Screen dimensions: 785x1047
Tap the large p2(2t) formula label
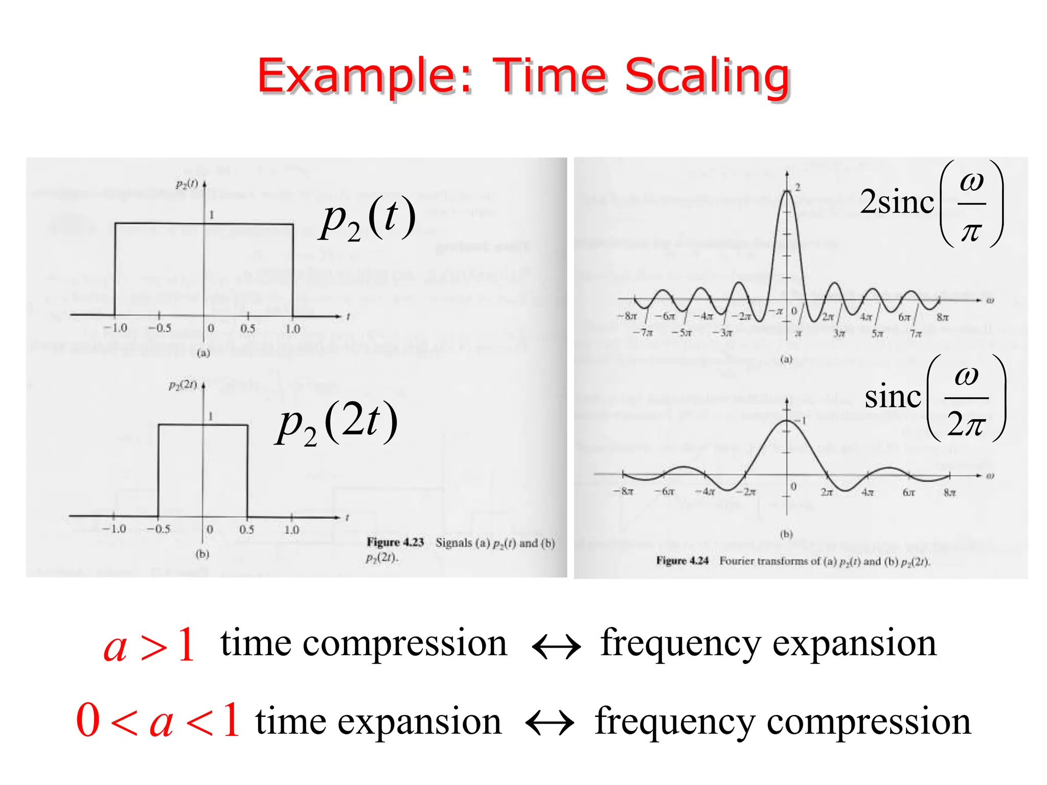(x=336, y=423)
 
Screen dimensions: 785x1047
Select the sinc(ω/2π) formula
(x=935, y=398)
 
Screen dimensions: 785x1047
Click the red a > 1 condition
(x=149, y=645)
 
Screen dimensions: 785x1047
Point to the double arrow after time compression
(x=556, y=647)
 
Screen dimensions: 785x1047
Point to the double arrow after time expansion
(x=550, y=723)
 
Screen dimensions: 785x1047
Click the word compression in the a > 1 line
(x=405, y=643)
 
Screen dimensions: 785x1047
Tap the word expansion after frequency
(x=854, y=643)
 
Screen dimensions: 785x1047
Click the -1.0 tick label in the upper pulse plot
(x=115, y=328)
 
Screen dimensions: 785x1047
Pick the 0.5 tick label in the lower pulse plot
(x=246, y=529)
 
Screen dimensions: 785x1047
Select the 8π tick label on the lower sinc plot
(x=949, y=493)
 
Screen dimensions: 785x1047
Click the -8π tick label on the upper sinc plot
(x=627, y=316)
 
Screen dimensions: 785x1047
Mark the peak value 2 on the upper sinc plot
(x=798, y=188)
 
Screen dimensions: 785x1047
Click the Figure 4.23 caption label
(x=395, y=542)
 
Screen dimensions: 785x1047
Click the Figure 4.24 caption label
(x=682, y=561)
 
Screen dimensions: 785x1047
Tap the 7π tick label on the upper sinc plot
(x=915, y=334)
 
